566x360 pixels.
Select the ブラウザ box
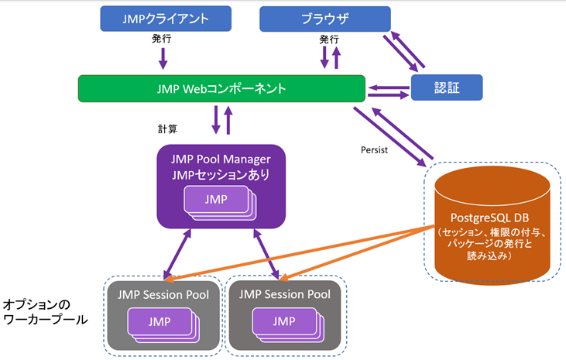pyautogui.click(x=324, y=18)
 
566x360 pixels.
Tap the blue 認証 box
pyautogui.click(x=447, y=87)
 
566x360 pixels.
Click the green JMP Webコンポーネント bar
pyautogui.click(x=221, y=88)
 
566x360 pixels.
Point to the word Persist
pyautogui.click(x=374, y=149)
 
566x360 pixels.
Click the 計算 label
pyautogui.click(x=168, y=129)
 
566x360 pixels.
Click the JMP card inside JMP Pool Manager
pyautogui.click(x=216, y=199)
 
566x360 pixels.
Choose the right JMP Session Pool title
pyautogui.click(x=285, y=294)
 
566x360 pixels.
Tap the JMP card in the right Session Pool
pyautogui.click(x=284, y=321)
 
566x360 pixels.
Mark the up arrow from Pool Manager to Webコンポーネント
pyautogui.click(x=228, y=121)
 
